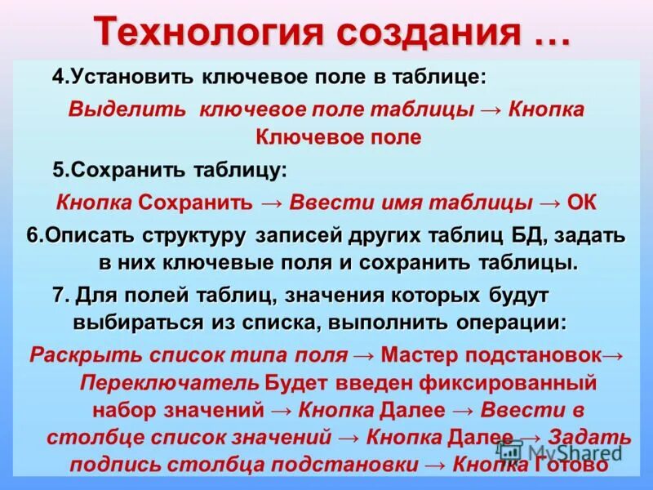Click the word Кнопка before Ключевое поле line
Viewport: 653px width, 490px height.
click(547, 109)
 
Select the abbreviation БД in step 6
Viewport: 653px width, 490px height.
click(531, 237)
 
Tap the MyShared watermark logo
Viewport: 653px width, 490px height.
click(563, 450)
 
